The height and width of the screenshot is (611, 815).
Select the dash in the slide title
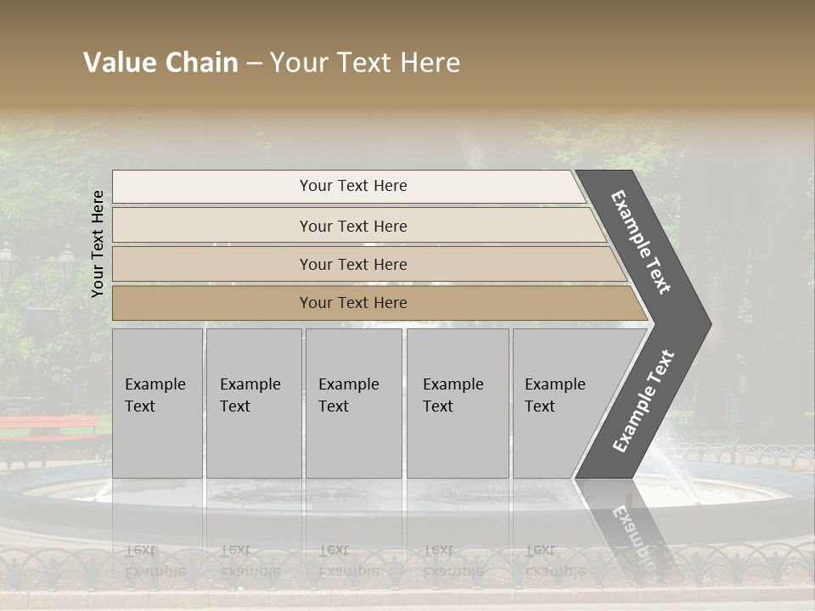pos(254,64)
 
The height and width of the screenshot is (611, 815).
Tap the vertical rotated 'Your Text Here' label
pos(98,244)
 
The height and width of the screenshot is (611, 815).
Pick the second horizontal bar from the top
pos(352,226)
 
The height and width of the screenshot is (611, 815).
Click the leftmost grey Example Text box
pos(157,403)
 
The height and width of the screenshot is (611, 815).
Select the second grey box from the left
pos(253,403)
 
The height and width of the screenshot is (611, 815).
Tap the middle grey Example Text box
pos(353,403)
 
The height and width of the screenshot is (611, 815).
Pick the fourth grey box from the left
pos(458,403)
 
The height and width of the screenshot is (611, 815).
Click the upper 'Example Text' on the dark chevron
pos(642,242)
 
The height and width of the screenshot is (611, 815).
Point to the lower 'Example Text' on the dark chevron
pos(644,401)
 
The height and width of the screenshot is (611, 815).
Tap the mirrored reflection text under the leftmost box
pos(155,561)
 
